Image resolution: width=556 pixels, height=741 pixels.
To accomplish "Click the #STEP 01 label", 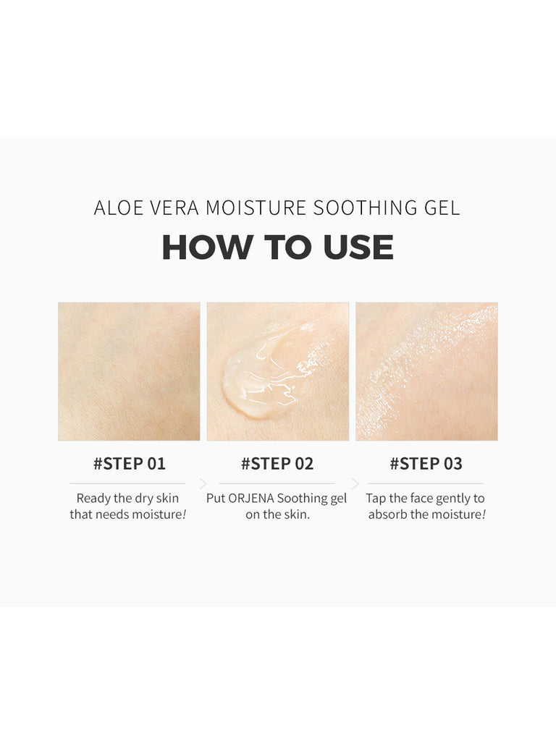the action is pos(129,464).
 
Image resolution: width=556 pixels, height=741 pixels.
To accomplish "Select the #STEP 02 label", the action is pos(277,464).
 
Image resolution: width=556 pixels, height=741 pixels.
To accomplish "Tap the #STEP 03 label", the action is pos(426,464).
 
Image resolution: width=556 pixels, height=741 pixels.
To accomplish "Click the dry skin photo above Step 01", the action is pos(129,371).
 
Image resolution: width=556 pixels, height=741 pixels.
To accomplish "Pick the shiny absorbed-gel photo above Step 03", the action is pos(426,371).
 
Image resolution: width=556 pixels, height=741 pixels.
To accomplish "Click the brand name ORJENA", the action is pos(251,499).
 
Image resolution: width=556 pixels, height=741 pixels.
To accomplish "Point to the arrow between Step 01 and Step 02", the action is pos(203,483).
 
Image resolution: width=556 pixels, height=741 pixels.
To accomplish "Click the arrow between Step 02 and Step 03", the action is pos(355,483).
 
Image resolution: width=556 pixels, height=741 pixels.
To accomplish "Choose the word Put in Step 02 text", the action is pos(216,499).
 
